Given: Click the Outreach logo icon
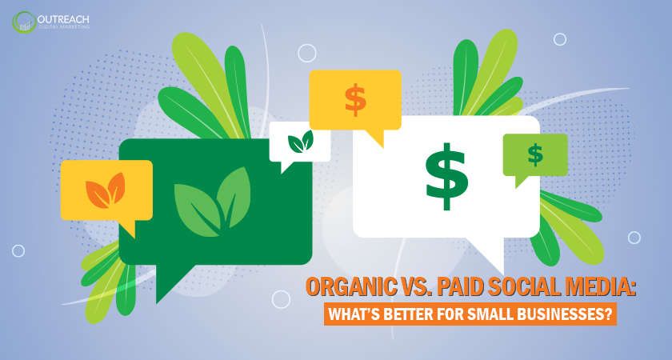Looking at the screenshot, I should (23, 22).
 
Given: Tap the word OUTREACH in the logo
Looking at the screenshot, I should (65, 17).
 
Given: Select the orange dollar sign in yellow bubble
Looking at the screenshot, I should (354, 99).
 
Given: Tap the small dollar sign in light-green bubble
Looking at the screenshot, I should (534, 154).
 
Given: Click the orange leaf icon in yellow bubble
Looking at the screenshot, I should (106, 190).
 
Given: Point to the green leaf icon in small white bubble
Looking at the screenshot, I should (300, 142).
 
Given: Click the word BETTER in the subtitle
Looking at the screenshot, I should (422, 312).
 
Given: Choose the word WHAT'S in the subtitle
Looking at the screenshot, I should (358, 312).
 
